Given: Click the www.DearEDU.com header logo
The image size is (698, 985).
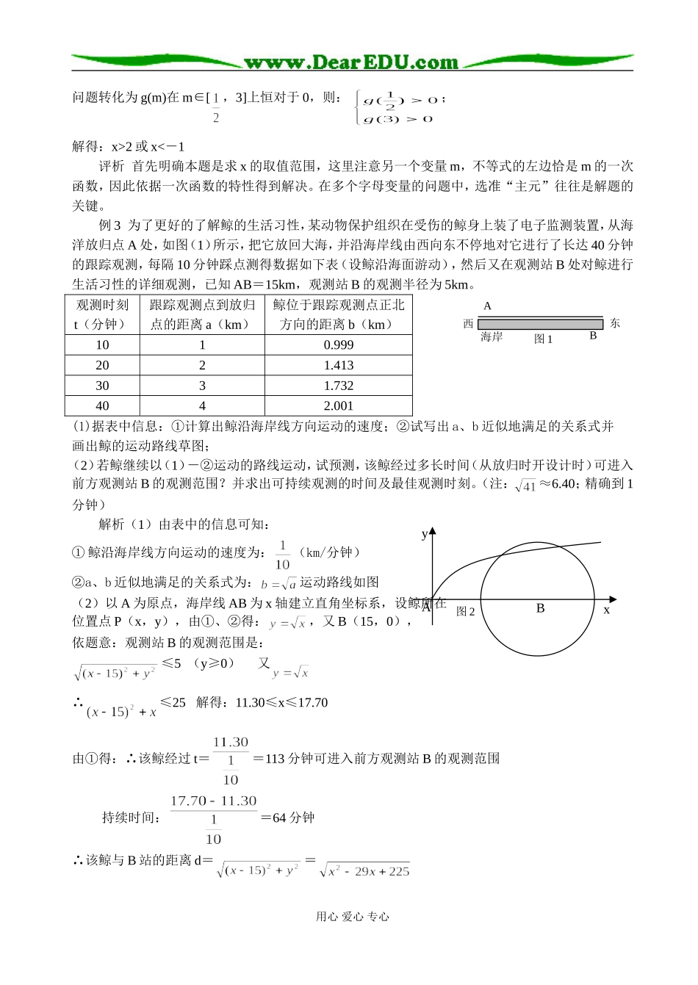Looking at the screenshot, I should tap(352, 62).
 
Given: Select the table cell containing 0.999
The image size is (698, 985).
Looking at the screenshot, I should tap(338, 344).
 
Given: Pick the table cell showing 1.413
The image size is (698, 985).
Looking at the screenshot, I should tap(338, 365).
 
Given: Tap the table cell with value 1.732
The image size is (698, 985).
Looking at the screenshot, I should tap(338, 386).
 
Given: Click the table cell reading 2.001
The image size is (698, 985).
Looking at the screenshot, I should tap(338, 405).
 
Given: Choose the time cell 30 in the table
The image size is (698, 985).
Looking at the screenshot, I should tap(102, 386).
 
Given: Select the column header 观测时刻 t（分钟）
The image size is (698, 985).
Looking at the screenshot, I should tap(102, 314).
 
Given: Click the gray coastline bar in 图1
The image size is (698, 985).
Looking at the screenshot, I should tap(540, 324).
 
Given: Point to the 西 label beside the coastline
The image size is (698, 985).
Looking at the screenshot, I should tap(468, 324).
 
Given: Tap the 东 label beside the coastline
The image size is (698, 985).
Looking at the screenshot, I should tap(615, 323).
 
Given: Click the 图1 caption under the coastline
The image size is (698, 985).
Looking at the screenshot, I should tap(543, 339).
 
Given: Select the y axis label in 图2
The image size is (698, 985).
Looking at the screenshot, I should tap(424, 534).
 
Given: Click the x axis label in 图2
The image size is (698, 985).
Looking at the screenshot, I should tap(607, 610).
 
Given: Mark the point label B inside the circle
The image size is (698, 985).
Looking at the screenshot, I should tap(540, 608).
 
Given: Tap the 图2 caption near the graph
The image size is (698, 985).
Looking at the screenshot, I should tap(466, 611).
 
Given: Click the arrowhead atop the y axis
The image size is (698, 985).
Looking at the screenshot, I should tap(433, 530).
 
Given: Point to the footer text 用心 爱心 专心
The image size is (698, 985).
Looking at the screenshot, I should tap(352, 916).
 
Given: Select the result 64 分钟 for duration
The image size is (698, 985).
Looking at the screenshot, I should tap(293, 818).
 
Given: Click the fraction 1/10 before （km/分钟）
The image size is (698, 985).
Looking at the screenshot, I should tap(283, 555).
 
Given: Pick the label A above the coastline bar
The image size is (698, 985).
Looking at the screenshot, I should tap(487, 306).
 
